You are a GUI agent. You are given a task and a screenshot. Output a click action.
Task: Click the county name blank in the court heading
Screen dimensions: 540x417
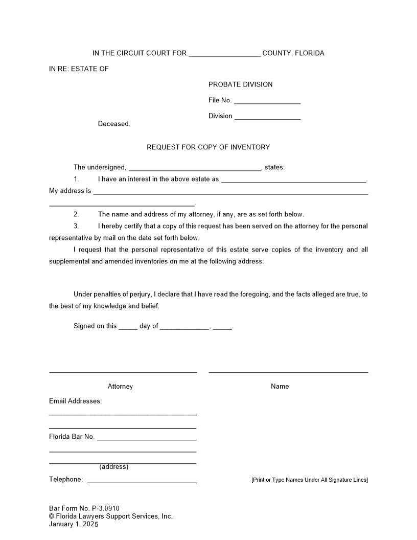point(224,54)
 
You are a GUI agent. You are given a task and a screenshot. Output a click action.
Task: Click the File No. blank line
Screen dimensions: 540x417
point(267,101)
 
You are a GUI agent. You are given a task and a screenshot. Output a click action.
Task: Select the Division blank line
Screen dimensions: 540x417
point(267,117)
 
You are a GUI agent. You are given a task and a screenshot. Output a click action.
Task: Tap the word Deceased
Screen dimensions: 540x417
point(114,124)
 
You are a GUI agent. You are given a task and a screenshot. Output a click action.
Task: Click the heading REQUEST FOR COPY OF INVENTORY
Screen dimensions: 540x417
point(208,147)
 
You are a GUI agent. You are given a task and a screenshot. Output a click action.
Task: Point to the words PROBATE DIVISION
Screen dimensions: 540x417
point(240,84)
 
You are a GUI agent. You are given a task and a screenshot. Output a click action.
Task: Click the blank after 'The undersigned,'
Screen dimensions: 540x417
point(195,168)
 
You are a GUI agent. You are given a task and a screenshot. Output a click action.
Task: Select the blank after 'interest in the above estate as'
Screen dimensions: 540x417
point(294,179)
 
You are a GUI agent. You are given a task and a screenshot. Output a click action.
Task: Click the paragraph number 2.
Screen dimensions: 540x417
point(76,214)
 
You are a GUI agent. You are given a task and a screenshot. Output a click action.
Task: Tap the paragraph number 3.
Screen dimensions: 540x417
point(76,226)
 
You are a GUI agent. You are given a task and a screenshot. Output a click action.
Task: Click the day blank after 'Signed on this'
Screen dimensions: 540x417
point(128,326)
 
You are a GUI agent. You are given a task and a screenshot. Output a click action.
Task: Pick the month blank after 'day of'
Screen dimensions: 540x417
point(184,326)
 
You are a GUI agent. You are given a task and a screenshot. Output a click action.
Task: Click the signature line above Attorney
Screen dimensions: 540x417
point(123,372)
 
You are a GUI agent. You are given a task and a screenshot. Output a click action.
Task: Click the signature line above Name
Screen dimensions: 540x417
point(288,372)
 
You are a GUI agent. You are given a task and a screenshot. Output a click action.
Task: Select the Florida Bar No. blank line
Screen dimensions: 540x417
point(147,437)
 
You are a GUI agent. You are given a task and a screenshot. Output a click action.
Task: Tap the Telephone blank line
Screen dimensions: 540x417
point(142,480)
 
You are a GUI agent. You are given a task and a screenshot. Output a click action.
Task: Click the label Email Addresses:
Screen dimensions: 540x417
point(75,401)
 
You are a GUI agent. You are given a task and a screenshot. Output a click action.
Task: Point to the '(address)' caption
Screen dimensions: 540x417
point(114,467)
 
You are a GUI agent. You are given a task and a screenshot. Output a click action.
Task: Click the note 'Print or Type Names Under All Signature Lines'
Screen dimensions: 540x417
point(309,480)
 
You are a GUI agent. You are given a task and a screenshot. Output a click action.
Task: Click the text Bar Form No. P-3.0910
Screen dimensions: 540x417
point(84,508)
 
